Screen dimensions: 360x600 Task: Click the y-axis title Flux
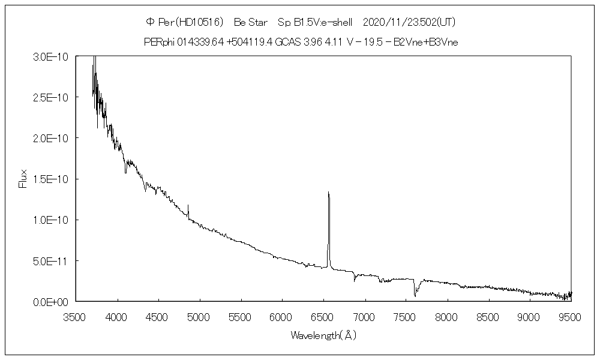click(x=23, y=179)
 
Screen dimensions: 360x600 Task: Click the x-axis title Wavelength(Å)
click(x=323, y=335)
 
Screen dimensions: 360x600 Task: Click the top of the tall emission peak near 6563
click(x=328, y=193)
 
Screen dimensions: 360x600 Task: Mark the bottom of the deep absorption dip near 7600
click(x=415, y=296)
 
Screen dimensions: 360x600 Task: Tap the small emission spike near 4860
click(x=188, y=206)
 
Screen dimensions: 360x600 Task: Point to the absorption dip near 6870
click(x=355, y=280)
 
